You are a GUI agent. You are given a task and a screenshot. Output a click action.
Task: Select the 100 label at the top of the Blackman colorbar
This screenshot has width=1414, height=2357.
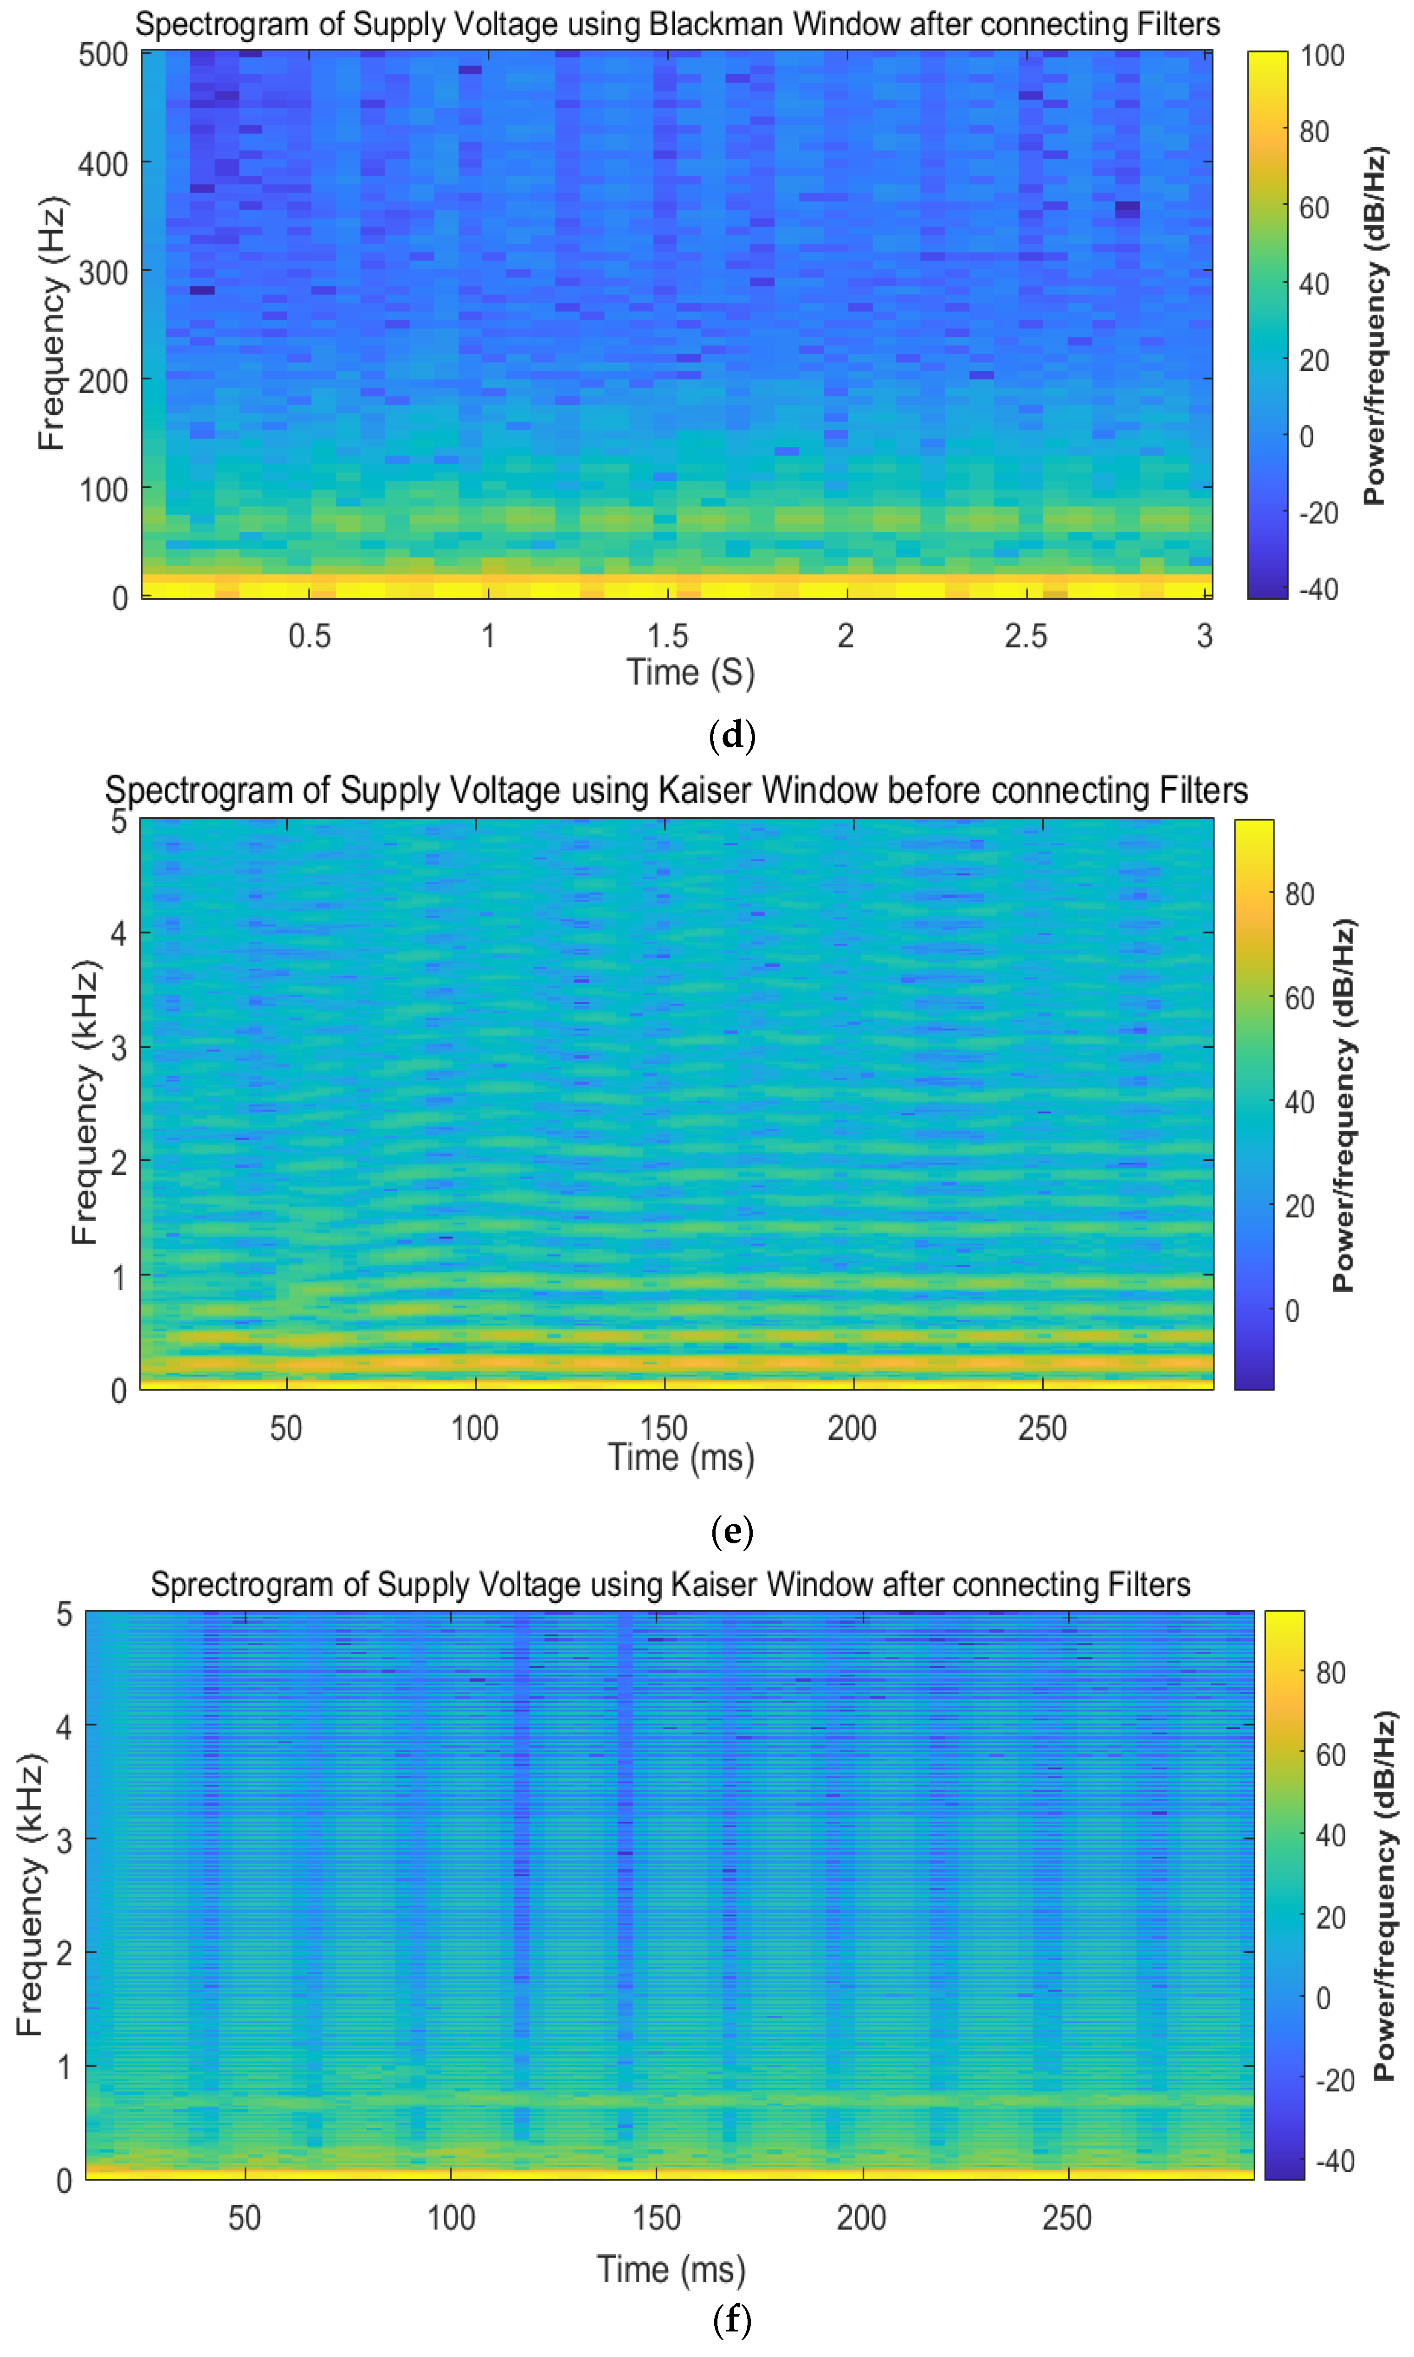click(1323, 55)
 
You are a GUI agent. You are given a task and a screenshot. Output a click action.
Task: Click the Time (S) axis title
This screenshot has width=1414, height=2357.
click(690, 673)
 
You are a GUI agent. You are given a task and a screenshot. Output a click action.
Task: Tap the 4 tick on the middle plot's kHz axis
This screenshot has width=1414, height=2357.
click(118, 933)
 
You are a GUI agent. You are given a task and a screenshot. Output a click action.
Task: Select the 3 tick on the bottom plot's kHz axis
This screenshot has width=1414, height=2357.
click(64, 1841)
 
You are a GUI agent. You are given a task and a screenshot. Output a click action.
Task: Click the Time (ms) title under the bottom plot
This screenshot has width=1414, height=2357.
click(671, 2269)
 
